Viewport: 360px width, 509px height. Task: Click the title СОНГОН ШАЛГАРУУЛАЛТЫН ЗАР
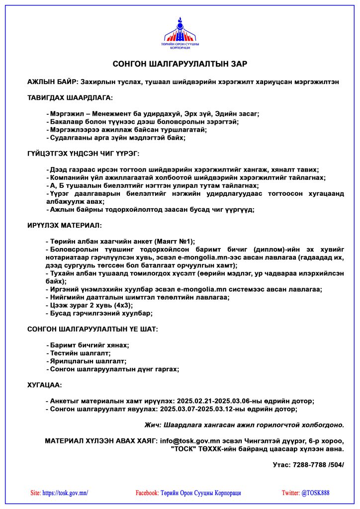coord(180,64)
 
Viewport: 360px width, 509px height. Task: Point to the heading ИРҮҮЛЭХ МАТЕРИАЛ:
coord(64,225)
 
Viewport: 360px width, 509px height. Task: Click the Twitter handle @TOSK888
coord(315,493)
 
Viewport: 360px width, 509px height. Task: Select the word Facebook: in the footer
coord(147,493)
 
